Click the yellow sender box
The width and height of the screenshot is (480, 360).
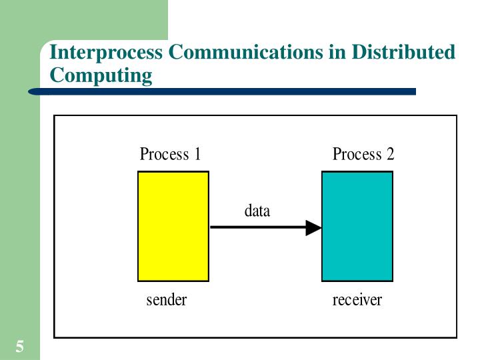(173, 226)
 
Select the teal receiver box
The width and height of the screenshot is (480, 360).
(357, 226)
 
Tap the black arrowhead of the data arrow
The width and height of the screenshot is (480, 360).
(314, 227)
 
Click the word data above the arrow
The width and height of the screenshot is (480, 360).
(257, 211)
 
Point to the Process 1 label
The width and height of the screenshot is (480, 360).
(170, 155)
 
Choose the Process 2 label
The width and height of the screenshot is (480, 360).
(363, 155)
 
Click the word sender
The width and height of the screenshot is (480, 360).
(167, 300)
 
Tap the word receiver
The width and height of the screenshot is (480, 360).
(357, 300)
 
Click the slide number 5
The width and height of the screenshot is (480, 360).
(20, 346)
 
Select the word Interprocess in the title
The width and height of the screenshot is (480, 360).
(107, 53)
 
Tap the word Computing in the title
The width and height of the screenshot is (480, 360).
(101, 75)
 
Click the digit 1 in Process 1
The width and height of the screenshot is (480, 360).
(197, 155)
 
